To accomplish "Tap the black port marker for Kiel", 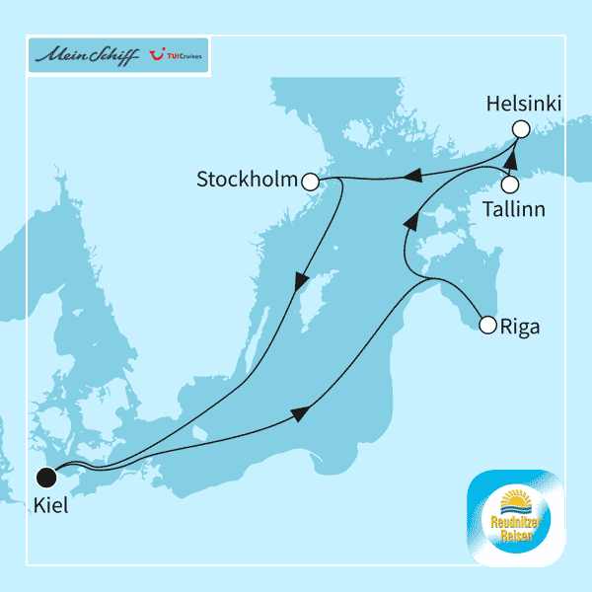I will pos(45,479).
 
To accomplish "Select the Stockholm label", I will pos(247,180).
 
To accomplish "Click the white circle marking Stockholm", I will pos(311,182).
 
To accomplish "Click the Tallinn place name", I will pos(513,209).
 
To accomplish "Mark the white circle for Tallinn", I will pos(510,184).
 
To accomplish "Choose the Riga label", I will pos(521,327).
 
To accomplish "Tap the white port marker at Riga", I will pos(485,324).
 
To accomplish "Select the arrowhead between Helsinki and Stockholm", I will pos(414,177).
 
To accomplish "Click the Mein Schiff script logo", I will pos(87,55).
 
